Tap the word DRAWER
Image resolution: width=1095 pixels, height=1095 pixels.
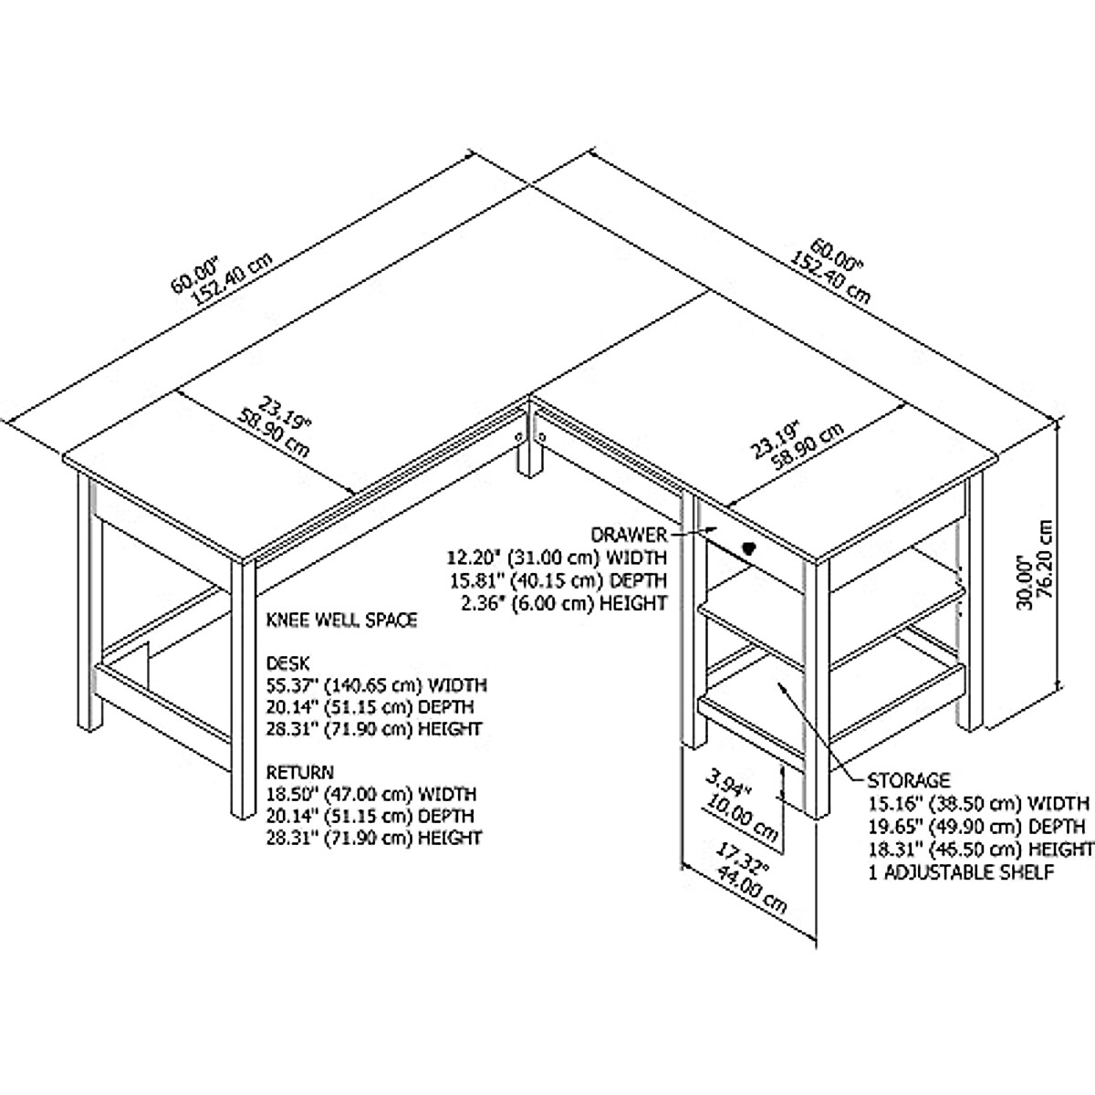click(x=629, y=534)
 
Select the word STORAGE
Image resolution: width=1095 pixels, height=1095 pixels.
click(x=908, y=781)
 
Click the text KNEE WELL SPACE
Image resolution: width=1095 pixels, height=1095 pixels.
click(x=341, y=620)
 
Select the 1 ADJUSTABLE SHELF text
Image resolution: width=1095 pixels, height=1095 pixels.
click(x=961, y=873)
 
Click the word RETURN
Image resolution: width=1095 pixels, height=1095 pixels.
click(x=300, y=772)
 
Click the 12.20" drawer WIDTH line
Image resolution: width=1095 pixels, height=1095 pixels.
click(x=556, y=558)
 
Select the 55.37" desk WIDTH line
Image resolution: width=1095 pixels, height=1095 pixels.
click(x=376, y=684)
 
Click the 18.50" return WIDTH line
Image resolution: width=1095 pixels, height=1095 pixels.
click(x=370, y=795)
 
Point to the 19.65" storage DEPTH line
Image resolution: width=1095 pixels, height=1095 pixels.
click(x=975, y=828)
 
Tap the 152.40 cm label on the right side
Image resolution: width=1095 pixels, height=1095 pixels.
click(x=830, y=276)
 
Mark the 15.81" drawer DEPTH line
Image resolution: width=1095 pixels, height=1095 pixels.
click(x=556, y=580)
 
